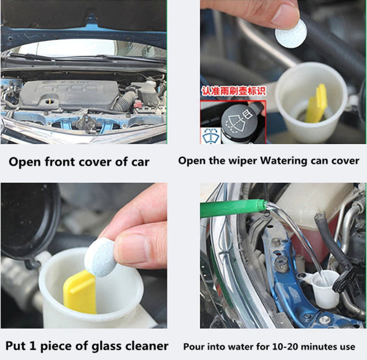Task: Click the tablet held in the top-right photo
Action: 291,34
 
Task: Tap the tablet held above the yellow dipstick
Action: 101,257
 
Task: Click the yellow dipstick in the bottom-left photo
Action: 80,292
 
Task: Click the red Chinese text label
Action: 234,91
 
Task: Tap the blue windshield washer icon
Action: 211,135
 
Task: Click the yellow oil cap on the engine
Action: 49,101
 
